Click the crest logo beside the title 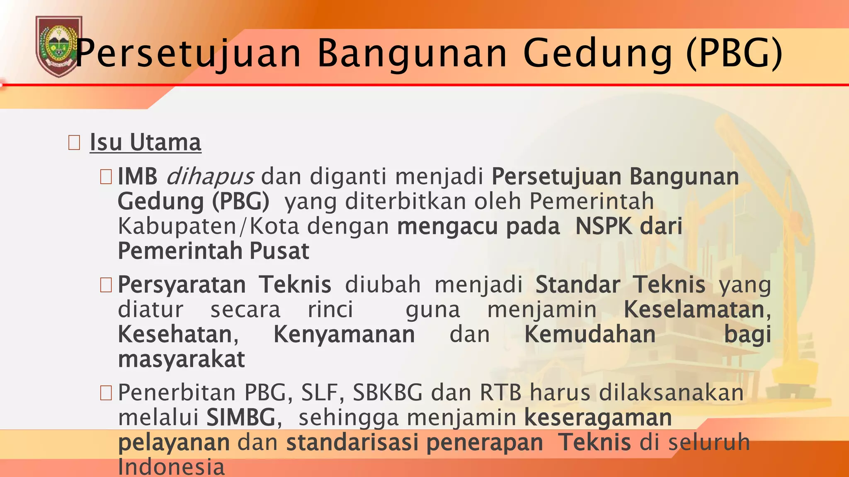coord(58,46)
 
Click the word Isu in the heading coord(106,142)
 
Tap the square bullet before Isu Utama coord(74,143)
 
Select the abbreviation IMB coord(138,176)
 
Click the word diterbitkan coord(405,201)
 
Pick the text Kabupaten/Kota coord(208,226)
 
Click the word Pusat coord(279,251)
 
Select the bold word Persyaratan coord(182,285)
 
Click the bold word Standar coord(577,285)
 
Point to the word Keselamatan coord(694,310)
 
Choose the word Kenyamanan coord(344,335)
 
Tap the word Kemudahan coord(590,335)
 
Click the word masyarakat coord(181,359)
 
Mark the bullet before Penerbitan coord(106,393)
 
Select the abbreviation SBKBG coord(388,393)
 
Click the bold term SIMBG coord(241,417)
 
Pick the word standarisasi coord(352,442)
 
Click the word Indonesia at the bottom coord(171,467)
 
